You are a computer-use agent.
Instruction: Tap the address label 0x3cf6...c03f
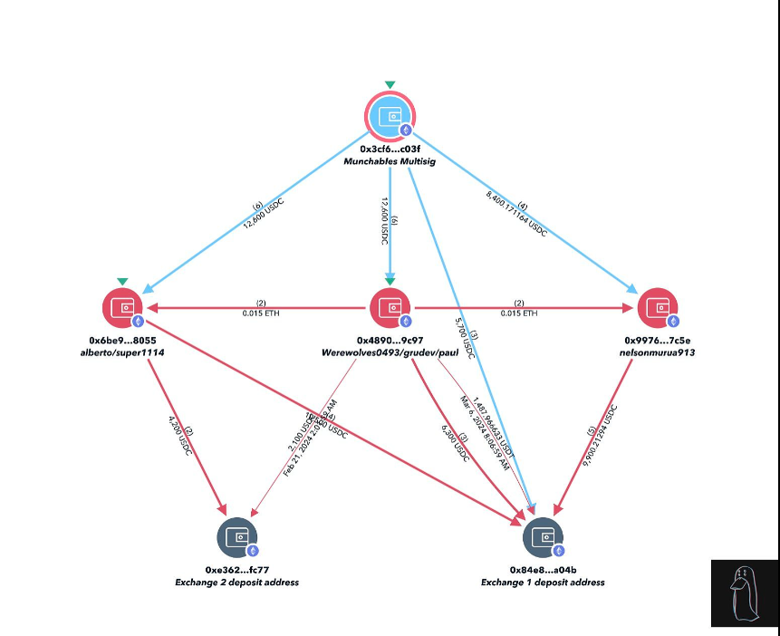pos(390,149)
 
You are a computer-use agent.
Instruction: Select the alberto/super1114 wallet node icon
pos(123,308)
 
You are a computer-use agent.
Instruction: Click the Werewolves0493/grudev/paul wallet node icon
pos(390,308)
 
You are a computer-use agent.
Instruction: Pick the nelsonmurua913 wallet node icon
pos(658,308)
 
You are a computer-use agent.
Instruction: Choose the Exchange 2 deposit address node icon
pos(237,537)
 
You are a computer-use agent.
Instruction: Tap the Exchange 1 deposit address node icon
pos(543,537)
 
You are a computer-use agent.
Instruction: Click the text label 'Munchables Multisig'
pos(390,161)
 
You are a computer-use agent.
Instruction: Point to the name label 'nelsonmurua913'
pos(658,352)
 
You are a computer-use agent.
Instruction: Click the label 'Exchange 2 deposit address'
pos(237,582)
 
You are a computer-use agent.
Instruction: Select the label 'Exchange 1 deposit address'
pos(543,582)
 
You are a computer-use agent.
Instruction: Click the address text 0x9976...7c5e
pos(658,341)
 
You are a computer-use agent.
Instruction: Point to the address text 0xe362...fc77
pos(237,570)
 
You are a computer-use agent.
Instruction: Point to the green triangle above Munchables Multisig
pos(390,84)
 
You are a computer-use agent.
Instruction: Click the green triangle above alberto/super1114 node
pos(122,281)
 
